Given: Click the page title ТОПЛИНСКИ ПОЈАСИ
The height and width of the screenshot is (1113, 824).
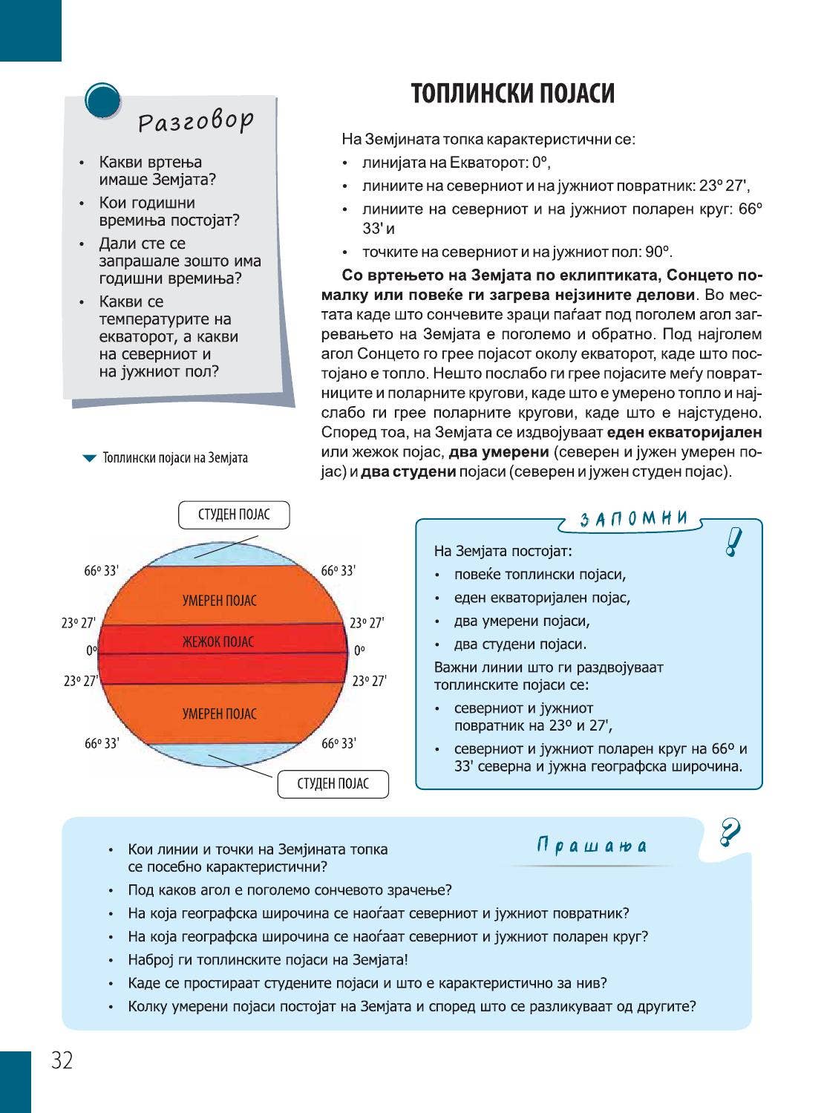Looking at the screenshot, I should [512, 94].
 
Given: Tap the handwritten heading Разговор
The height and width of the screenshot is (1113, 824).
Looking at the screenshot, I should [196, 121].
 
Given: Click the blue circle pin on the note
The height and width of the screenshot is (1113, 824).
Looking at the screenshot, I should [102, 101].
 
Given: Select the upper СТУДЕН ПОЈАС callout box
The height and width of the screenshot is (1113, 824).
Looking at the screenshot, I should [234, 515].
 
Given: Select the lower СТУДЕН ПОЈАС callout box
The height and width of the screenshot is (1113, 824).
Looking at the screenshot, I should [333, 784].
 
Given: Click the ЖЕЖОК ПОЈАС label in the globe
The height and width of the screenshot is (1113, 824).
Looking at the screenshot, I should [218, 642].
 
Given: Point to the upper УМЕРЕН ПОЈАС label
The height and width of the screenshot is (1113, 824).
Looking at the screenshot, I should [220, 601].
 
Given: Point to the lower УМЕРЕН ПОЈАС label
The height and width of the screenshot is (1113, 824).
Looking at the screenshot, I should [220, 714].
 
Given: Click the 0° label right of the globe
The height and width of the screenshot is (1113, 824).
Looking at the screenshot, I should [359, 651].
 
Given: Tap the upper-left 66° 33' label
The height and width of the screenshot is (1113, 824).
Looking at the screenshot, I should [101, 571].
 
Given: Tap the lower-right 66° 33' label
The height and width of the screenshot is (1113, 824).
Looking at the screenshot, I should [339, 743].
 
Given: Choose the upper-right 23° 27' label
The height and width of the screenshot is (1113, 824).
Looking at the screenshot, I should [367, 623].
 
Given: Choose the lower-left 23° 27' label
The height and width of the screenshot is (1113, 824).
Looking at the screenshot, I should [80, 681].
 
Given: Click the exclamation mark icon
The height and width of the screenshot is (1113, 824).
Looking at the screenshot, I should [733, 542].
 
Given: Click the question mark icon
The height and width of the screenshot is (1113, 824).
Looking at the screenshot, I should [730, 832].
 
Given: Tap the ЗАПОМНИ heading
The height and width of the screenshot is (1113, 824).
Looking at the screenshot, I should [633, 518].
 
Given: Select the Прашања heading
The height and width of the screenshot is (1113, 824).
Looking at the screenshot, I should [592, 846].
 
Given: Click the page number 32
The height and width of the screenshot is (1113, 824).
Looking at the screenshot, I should [62, 1061].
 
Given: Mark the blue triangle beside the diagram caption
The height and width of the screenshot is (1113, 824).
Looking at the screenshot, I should [89, 459].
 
